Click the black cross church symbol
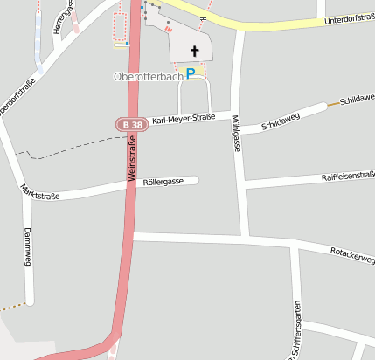[x=193, y=52]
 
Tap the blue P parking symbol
[x=191, y=75]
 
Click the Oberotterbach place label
[x=148, y=77]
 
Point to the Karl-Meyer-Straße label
[x=183, y=119]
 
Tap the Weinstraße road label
[x=133, y=162]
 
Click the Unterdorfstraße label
[x=349, y=18]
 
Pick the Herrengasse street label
[x=59, y=17]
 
